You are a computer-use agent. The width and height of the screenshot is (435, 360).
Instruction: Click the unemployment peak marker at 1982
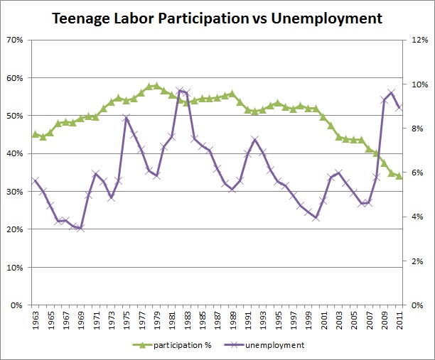coord(180,91)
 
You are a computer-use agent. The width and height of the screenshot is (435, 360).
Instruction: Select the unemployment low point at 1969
coord(81,229)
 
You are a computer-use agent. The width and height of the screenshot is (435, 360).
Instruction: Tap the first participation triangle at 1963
coord(35,134)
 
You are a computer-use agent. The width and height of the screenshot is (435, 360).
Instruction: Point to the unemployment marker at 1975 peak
coord(127,119)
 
